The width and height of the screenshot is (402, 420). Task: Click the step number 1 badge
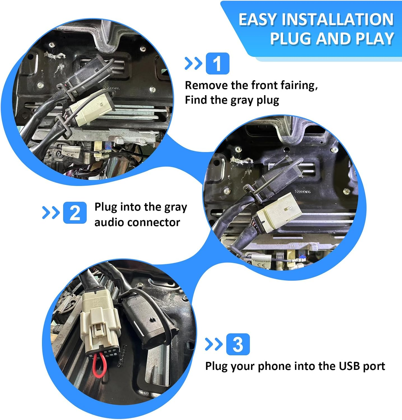pos(217,64)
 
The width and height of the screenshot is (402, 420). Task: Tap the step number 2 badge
pos(75,213)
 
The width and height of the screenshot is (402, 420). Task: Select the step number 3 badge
pos(238,344)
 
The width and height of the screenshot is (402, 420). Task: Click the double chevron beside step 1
pos(193,64)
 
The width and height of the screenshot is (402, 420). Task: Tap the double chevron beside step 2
pos(51,213)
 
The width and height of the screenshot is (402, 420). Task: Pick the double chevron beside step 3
pos(213,344)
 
